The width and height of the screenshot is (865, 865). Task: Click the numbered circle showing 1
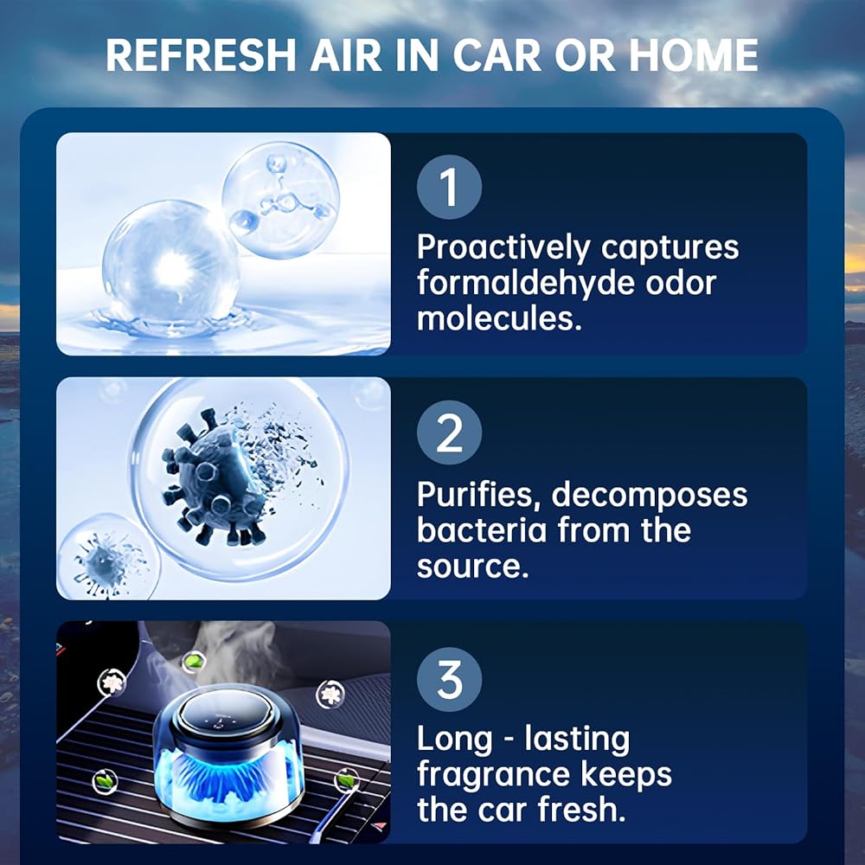[x=449, y=187]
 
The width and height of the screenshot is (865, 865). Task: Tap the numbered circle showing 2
[x=449, y=432]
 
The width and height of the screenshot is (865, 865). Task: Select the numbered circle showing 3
[x=449, y=679]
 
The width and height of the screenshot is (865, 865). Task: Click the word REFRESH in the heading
[x=202, y=55]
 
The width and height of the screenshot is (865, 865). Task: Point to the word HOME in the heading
[x=694, y=55]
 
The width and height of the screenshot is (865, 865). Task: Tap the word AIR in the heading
[x=346, y=55]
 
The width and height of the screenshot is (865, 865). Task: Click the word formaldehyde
[x=525, y=283]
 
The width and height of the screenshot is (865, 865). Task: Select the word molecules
[x=499, y=318]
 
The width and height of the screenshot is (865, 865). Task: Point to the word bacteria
[x=482, y=529]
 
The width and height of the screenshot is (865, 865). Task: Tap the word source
[x=473, y=567]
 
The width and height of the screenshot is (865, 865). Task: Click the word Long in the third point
[x=454, y=740]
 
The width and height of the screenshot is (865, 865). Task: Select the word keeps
[x=626, y=774]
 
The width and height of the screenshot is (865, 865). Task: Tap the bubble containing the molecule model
[x=281, y=200]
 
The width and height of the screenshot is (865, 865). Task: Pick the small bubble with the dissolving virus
[x=107, y=557]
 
